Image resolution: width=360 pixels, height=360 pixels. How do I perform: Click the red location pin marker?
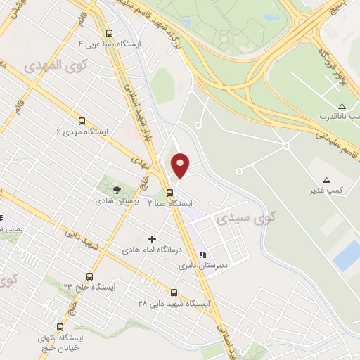181,165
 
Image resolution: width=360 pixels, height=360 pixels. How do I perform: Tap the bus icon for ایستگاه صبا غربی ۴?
109,32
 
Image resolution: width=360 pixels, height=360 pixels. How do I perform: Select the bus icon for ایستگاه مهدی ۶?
82,121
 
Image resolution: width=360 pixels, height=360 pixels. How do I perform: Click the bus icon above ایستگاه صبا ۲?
169,192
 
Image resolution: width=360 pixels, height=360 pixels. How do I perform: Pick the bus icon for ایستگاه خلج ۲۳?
89,276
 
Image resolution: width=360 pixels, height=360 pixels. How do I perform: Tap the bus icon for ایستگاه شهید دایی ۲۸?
174,292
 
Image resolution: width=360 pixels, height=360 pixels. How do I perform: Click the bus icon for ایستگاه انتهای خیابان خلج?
60,327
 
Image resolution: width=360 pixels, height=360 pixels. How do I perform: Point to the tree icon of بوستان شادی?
117,189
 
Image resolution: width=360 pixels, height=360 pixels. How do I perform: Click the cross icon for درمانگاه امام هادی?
152,239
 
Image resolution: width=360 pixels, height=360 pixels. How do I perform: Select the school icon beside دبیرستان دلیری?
202,255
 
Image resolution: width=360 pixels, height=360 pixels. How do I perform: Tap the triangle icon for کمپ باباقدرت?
342,105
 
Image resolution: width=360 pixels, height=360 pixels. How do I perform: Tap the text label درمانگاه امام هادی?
152,250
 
